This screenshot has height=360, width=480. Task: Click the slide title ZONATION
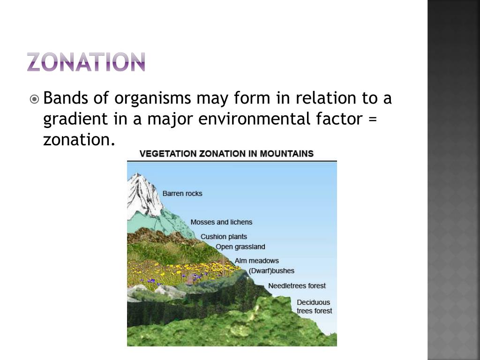coord(86,62)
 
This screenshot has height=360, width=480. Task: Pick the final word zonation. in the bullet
coord(79,139)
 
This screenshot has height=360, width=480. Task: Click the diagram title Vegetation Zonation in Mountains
coord(227,154)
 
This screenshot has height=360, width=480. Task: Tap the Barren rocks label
coord(182,194)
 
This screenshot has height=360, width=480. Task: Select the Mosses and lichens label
coord(221,222)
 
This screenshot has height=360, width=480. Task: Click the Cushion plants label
coord(224,237)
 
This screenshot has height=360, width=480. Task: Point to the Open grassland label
coord(240,247)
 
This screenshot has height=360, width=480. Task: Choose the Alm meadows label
coord(256,261)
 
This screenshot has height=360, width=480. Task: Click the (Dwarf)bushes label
coord(271,271)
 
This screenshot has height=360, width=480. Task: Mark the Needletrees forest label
coord(297,286)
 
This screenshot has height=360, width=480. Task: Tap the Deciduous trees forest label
coord(314,307)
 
